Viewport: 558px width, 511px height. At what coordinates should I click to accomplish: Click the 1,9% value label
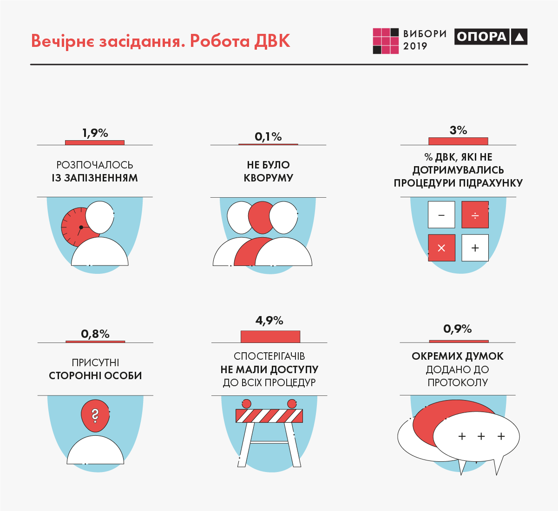tap(95, 133)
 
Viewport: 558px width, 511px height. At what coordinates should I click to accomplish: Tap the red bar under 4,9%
tap(270, 336)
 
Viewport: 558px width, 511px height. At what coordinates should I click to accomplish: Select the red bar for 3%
tap(458, 141)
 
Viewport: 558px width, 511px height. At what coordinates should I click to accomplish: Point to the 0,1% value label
tap(268, 137)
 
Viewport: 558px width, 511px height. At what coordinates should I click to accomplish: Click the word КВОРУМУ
tap(268, 178)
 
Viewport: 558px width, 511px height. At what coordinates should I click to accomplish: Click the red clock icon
tap(74, 227)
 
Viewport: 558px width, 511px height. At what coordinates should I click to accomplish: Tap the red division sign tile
tap(475, 214)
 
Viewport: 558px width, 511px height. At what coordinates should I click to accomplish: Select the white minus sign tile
tap(441, 214)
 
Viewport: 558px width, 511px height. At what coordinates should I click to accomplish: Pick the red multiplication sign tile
tap(441, 248)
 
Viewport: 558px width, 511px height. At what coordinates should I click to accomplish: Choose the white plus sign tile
tap(475, 248)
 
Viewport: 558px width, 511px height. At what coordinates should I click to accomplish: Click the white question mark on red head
tap(95, 415)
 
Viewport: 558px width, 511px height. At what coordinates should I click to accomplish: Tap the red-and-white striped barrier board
tap(269, 416)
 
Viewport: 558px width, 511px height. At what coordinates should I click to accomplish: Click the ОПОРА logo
tap(491, 37)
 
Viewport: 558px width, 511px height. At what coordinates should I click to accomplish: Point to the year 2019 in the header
tap(415, 46)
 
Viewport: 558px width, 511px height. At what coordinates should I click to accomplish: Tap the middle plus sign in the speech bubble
tap(481, 436)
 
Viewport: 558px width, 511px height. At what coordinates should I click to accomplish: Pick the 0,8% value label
tap(95, 334)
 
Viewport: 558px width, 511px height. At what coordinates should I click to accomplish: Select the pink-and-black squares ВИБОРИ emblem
tap(386, 41)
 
